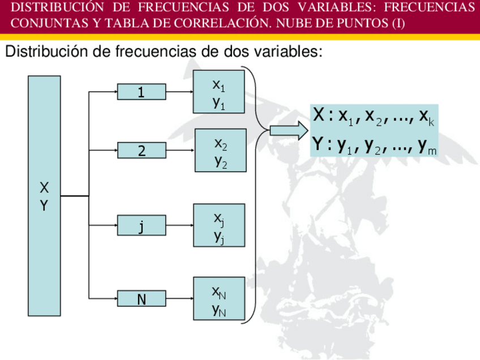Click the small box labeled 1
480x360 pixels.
[x=142, y=92]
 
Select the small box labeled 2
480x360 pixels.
[x=142, y=151]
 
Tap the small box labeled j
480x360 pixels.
[x=142, y=225]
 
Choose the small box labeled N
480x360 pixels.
[x=142, y=298]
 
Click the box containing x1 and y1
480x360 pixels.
[x=219, y=92]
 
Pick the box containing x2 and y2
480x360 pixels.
[x=221, y=151]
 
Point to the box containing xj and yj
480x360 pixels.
[x=219, y=225]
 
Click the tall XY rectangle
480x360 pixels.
[x=44, y=196]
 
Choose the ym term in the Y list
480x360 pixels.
[x=427, y=147]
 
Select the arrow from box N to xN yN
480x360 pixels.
[x=179, y=298]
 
